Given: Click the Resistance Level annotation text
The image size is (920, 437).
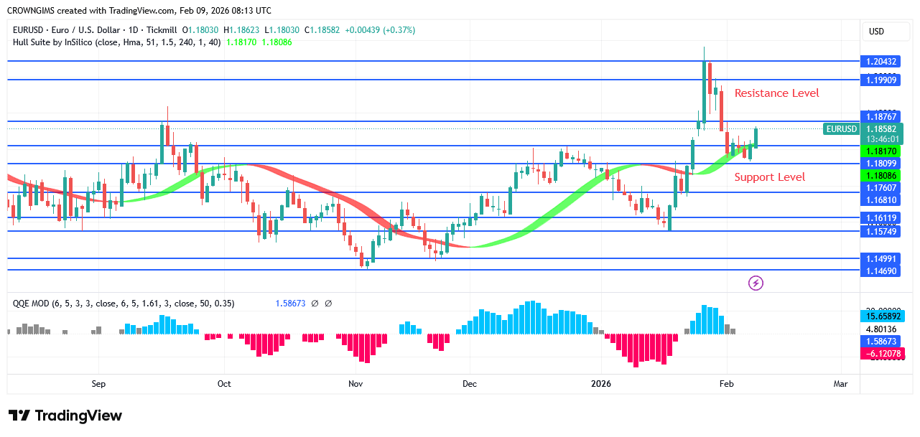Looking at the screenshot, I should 776,93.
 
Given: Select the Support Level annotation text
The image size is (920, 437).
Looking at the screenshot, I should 769,177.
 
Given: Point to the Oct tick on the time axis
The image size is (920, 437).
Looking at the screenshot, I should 224,384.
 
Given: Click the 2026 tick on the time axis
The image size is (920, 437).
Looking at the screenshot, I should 600,384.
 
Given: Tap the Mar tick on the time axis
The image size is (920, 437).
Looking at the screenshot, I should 840,384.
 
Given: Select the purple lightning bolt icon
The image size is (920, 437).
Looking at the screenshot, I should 756,283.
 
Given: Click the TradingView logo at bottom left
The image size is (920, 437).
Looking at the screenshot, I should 65,415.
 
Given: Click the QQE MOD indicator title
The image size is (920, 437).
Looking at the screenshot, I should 31,304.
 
